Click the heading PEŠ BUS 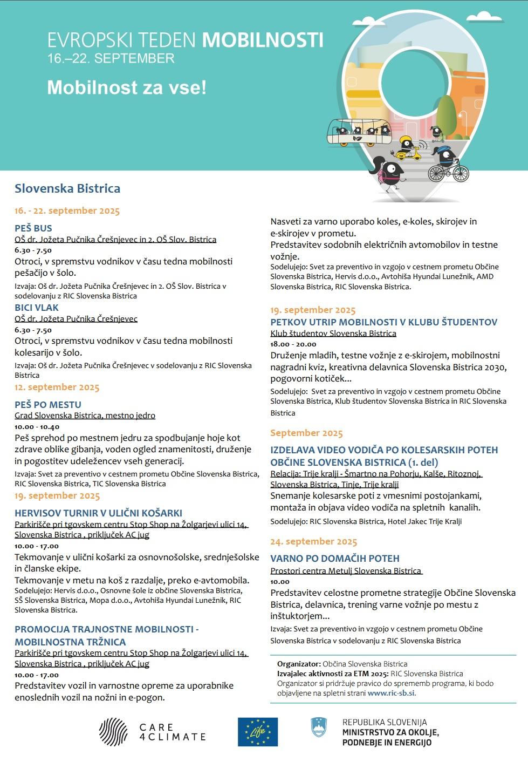coord(33,228)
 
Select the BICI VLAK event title coord(37,308)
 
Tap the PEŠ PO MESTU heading coord(48,405)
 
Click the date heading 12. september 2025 coord(57,387)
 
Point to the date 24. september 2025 coord(313,541)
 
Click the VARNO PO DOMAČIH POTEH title coord(335,559)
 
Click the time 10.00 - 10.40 coord(37,427)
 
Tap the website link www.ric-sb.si coord(391,693)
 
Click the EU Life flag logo coord(258,732)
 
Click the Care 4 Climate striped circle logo coord(113,732)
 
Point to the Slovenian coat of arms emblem coord(319,727)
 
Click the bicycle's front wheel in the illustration coord(461,173)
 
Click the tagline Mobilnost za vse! coord(127,87)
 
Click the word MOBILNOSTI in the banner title coord(263,40)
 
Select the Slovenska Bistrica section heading coord(67,188)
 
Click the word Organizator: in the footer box coord(299,664)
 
